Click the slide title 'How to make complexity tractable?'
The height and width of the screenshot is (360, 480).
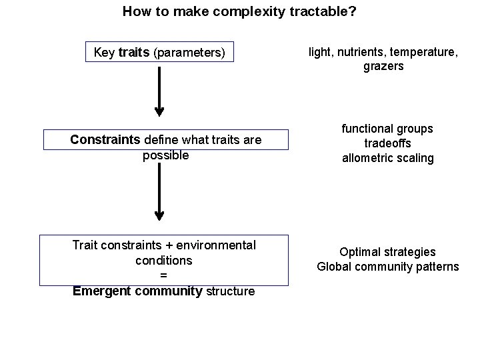[x=239, y=11]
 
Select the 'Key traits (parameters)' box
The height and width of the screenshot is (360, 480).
[x=160, y=52]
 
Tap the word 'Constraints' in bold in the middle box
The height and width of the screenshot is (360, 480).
[x=105, y=140]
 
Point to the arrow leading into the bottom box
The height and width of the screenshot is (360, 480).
[x=159, y=193]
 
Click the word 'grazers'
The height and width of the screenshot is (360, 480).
[x=383, y=67]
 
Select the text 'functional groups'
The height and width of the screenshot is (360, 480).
[x=387, y=129]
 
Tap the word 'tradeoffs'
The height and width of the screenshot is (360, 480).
[x=387, y=143]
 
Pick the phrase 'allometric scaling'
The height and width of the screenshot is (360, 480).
[x=387, y=158]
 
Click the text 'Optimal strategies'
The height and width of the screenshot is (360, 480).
[x=387, y=252]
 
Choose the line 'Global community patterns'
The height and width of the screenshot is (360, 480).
[x=387, y=267]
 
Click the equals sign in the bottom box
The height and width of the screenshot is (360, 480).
[x=163, y=275]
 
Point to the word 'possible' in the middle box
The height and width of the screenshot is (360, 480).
[x=166, y=155]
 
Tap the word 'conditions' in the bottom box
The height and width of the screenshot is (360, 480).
[x=163, y=260]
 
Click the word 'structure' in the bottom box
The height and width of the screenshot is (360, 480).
[x=231, y=291]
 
